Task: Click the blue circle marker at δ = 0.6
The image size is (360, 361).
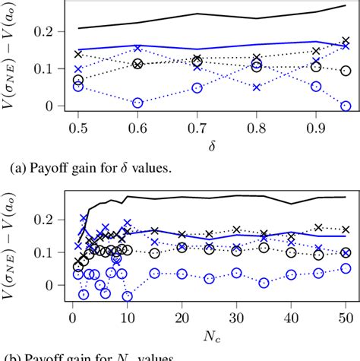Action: pyautogui.click(x=137, y=103)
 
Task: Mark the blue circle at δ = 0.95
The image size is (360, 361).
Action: pyautogui.click(x=346, y=106)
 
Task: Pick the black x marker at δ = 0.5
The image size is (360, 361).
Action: pyautogui.click(x=77, y=54)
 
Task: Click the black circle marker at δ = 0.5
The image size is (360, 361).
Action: pyautogui.click(x=77, y=80)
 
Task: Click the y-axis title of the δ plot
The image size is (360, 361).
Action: pyautogui.click(x=14, y=55)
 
